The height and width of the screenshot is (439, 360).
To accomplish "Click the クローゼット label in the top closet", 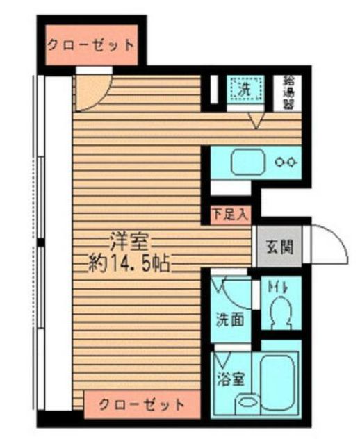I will coord(90,45).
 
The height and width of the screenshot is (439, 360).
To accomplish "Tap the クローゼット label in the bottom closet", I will coord(141,404).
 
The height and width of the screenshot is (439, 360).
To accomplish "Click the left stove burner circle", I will coord(280,163).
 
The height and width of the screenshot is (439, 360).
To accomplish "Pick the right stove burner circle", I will coord(294,163).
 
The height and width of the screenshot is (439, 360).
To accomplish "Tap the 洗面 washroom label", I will coord(227,322).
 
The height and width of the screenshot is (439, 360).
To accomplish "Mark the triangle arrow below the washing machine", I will coord(256,121).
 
